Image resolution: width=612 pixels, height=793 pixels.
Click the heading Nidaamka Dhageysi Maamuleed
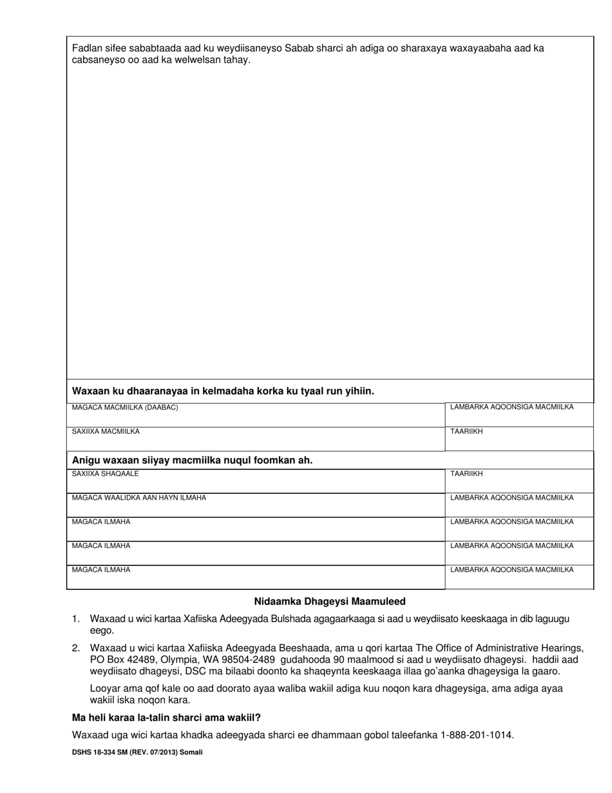[329, 602]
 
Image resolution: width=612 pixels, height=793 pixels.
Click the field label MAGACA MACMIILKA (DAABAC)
[125, 407]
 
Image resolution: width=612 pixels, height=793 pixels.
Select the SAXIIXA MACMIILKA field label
[106, 431]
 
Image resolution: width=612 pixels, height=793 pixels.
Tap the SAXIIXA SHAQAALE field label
[105, 474]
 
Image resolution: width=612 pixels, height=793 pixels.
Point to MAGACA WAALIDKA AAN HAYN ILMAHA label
[139, 498]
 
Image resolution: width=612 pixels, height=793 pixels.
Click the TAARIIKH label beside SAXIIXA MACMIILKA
[466, 431]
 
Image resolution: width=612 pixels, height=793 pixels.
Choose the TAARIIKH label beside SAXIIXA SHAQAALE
[466, 474]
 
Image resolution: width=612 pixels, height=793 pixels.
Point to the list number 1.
[75, 619]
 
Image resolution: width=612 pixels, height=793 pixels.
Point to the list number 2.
[75, 648]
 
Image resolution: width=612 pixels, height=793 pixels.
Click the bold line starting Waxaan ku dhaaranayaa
[223, 391]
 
